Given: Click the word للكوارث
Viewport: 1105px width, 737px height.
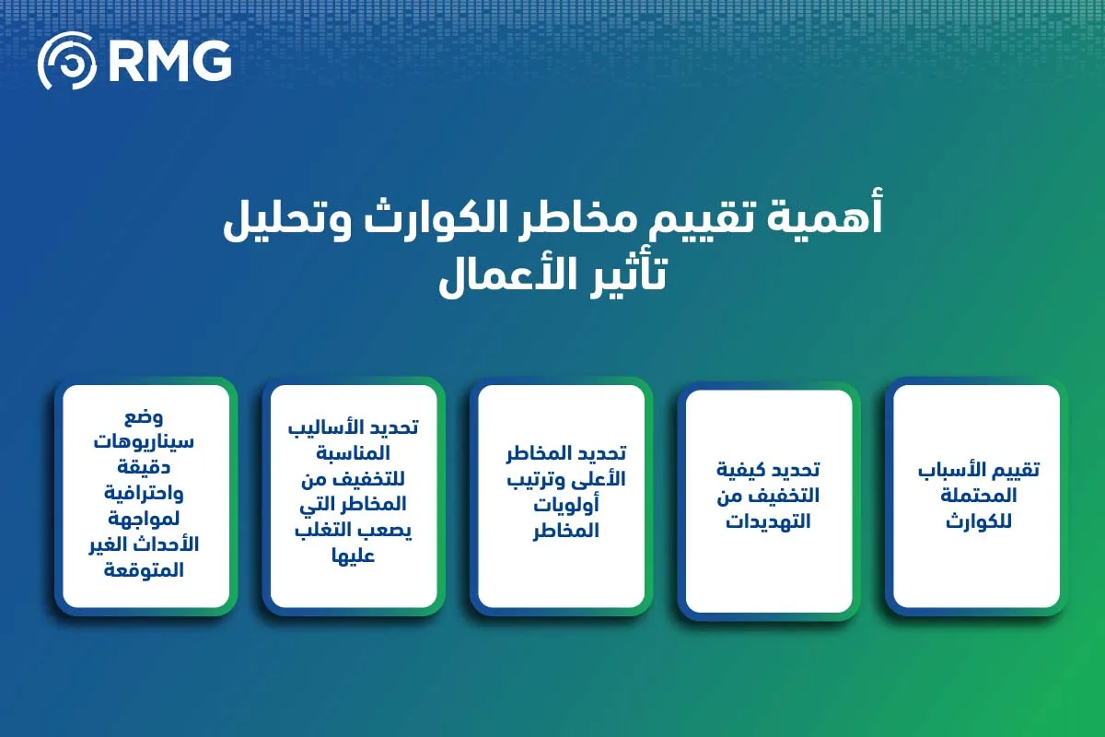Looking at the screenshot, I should (x=977, y=521).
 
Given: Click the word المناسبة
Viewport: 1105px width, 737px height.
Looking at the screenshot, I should (x=354, y=454).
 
